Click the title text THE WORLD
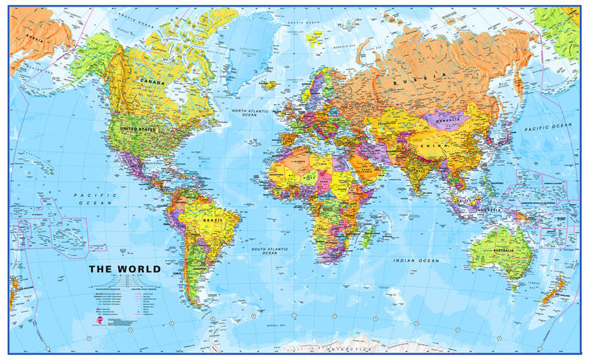click(122, 269)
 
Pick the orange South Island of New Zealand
click(549, 296)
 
